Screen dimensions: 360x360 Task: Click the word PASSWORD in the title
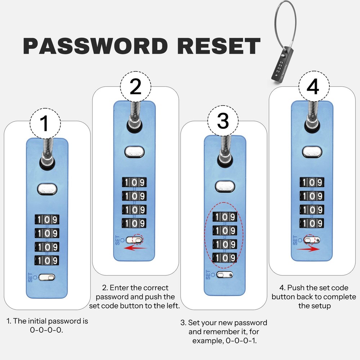(x=95, y=46)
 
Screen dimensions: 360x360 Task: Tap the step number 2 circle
(x=135, y=88)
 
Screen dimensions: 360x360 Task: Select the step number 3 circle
(x=223, y=122)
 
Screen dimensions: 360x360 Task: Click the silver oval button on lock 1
(x=47, y=188)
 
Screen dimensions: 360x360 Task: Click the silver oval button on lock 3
(x=225, y=186)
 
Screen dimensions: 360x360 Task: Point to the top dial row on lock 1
(x=47, y=220)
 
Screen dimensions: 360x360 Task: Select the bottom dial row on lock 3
(x=224, y=257)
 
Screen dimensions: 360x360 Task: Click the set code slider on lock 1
(x=47, y=277)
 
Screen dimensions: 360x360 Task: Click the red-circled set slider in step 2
(x=137, y=239)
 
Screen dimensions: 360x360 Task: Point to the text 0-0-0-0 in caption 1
(x=47, y=329)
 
